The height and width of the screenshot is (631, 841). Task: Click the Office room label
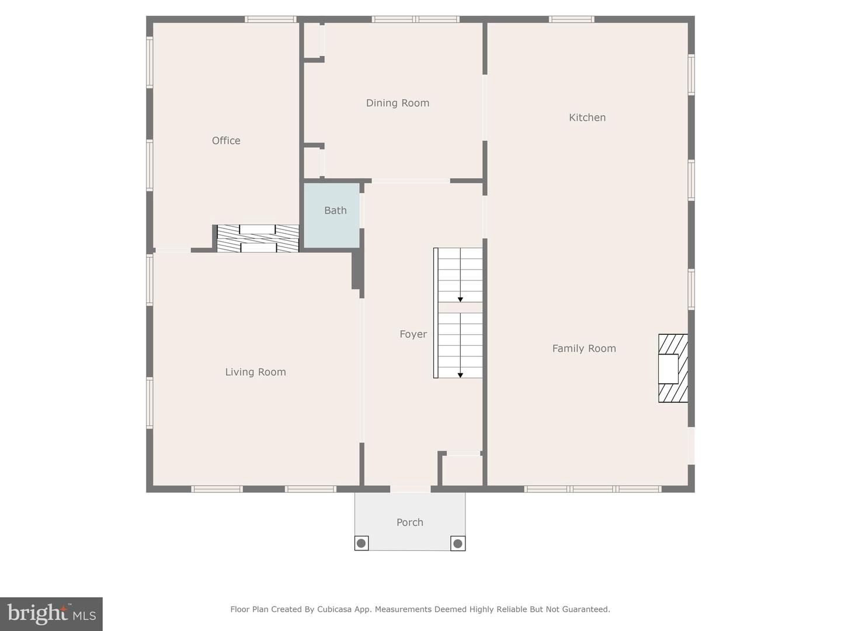point(226,141)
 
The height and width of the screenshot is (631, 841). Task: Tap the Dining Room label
point(397,103)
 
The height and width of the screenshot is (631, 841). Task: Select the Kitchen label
point(587,117)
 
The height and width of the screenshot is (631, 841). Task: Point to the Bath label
point(335,210)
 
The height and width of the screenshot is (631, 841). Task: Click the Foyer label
point(413,334)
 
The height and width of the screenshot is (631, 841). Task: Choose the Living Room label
point(255,372)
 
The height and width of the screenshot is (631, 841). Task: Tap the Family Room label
point(584,349)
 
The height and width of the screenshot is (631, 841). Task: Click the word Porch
point(409,522)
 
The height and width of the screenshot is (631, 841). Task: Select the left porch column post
point(362,543)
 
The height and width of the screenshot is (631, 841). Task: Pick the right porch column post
point(458,543)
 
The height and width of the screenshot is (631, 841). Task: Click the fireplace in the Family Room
point(672,368)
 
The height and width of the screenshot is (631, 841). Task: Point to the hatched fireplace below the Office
point(258,238)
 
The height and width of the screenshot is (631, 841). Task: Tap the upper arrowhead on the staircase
point(460,299)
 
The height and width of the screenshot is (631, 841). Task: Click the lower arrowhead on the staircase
point(460,375)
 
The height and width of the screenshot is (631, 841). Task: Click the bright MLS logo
point(51,613)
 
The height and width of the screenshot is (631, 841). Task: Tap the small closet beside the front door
point(461,470)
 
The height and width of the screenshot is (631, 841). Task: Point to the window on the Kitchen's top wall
point(571,19)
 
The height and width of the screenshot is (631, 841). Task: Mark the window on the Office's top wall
point(270,19)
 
